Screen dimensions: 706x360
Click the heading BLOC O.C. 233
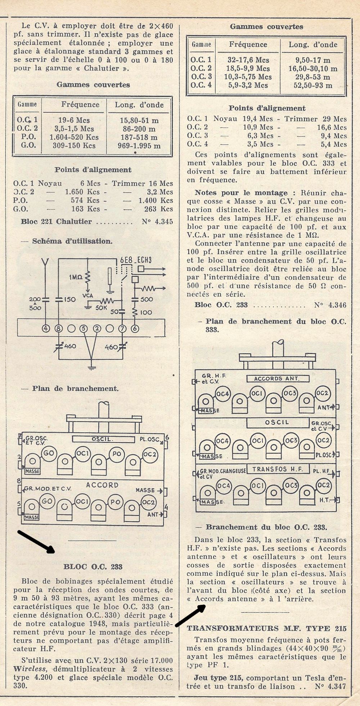[93, 567]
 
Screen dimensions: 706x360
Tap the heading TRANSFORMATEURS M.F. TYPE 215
[266, 628]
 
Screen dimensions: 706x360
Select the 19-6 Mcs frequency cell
[74, 120]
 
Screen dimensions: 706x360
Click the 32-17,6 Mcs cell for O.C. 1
[248, 60]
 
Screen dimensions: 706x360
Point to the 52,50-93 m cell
[312, 86]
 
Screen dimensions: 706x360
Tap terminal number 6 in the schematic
[135, 328]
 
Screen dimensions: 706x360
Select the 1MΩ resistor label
[76, 277]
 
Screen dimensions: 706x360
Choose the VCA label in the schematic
[88, 296]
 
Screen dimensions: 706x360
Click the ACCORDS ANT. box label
[278, 379]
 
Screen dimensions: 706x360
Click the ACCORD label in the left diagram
[102, 485]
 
